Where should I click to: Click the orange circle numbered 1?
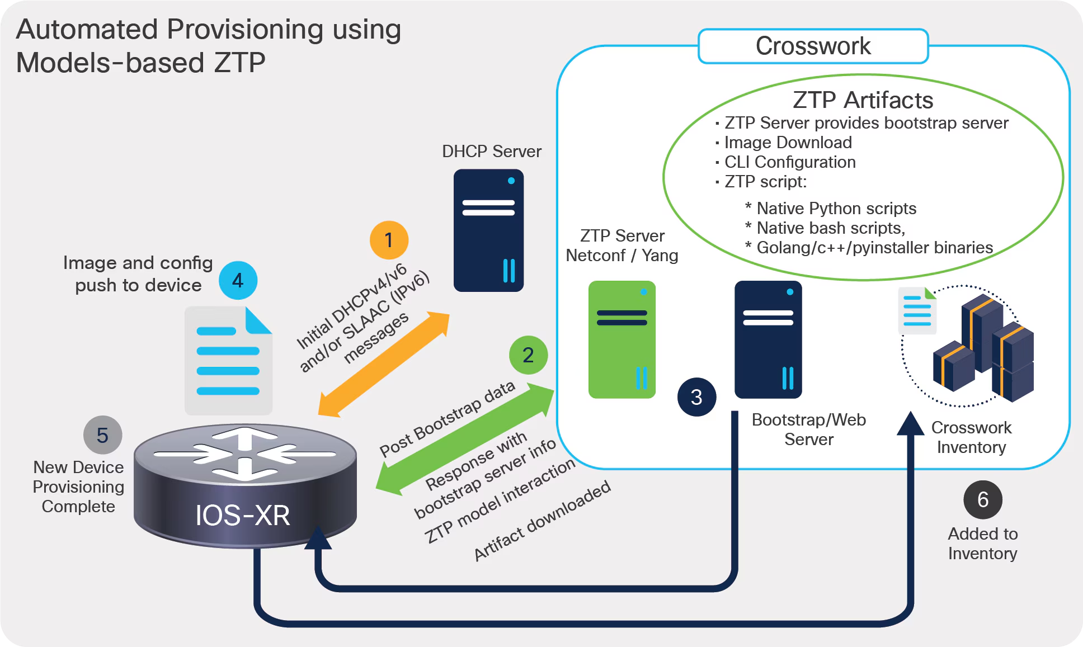389,240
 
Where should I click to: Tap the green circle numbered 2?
528,355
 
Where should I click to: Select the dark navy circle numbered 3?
696,397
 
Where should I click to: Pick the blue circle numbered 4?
238,280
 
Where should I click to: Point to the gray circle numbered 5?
102,435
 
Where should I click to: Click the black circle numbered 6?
982,499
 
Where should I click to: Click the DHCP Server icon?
488,230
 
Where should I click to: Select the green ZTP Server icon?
621,339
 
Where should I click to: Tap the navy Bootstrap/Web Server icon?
767,339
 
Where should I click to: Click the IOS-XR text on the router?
242,515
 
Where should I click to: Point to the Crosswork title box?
813,46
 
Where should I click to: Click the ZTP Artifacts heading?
863,100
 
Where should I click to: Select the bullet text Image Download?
788,143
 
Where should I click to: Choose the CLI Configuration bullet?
789,162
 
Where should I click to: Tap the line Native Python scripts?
836,209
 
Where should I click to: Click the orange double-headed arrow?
384,364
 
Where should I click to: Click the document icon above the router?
228,361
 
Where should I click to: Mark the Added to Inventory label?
982,544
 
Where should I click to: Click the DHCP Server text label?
491,152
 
